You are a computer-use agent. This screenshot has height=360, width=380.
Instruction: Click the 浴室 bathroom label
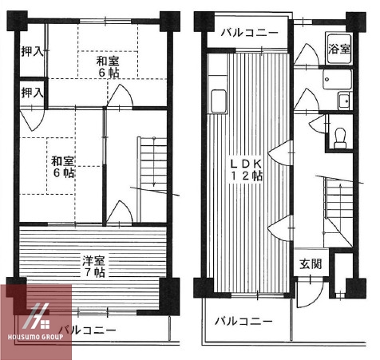click(339, 49)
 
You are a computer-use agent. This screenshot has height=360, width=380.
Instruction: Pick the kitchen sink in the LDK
click(216, 101)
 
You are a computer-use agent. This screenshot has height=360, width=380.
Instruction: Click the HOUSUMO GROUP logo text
click(36, 336)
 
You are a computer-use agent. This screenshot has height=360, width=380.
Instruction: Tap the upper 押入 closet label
click(32, 50)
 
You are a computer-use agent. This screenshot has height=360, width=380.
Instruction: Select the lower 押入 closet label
click(32, 92)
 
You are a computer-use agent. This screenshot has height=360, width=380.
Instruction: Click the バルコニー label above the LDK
click(249, 33)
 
